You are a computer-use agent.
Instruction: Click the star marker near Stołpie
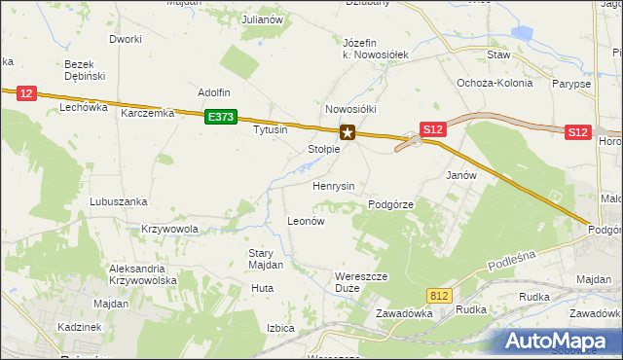347,132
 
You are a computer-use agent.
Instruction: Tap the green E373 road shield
221,117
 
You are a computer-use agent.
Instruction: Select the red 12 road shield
26,93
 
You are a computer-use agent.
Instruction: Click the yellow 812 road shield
439,294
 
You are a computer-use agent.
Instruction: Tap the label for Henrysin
333,185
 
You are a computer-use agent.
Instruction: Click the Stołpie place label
323,150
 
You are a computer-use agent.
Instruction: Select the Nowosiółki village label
350,110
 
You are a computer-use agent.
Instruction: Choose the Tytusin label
271,129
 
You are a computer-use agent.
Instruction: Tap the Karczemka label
147,113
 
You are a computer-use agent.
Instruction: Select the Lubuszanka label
118,201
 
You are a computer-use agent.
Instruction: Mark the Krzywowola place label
169,230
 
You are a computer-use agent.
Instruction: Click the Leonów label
305,221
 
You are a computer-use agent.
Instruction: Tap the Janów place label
460,175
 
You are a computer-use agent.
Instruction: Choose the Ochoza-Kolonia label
495,83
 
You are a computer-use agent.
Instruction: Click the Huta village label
262,288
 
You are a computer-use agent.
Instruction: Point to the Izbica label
280,328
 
